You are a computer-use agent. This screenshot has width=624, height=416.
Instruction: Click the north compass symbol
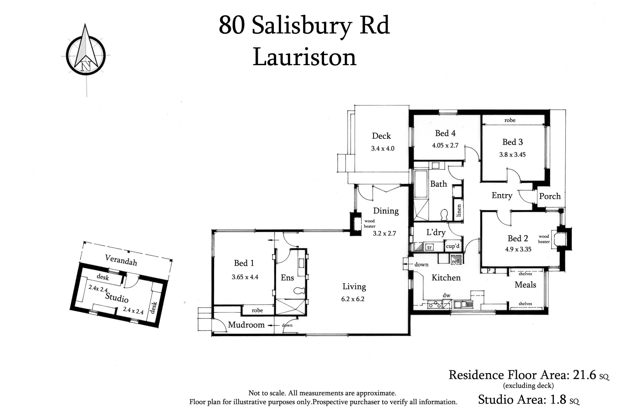pos(85,53)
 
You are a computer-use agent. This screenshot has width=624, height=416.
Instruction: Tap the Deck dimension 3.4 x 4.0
pos(382,149)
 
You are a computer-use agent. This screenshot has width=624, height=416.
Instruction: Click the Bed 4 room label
pos(445,133)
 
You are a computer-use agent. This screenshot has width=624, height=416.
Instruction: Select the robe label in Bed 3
pos(509,120)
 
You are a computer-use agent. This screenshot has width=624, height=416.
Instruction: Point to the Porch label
pos(550,196)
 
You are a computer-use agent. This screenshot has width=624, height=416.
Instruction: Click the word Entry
pos(502,195)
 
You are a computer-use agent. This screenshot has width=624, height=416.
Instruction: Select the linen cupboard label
pos(459,211)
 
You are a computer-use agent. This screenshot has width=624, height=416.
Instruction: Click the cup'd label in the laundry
pos(452,246)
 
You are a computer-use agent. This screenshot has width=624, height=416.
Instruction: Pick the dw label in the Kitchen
pos(446,295)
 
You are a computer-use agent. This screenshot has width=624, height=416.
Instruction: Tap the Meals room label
pos(525,285)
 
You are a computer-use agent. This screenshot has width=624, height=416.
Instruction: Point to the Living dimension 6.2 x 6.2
pos(354,299)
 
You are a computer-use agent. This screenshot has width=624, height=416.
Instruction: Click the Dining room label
pos(385,211)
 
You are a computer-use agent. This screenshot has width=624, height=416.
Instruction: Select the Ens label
pos(287,278)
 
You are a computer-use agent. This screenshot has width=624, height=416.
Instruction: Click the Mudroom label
pos(246,325)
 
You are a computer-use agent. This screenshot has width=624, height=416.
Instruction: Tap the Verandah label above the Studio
pos(121,260)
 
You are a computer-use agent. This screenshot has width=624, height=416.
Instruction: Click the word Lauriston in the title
pos(304,57)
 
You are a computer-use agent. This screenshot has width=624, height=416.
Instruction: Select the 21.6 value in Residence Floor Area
pos(584,375)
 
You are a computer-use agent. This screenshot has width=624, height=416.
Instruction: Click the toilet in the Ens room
pos(299,290)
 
